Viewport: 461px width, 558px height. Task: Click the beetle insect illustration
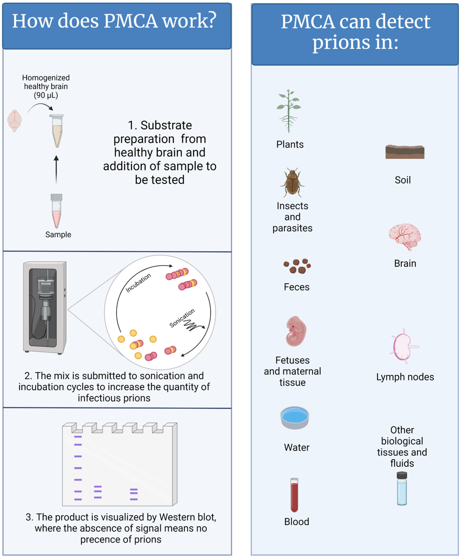[292, 183]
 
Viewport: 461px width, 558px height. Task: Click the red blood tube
[294, 495]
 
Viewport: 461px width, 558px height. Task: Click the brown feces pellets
[297, 266]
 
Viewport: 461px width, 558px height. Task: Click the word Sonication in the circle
[182, 318]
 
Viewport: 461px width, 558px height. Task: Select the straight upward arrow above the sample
[56, 170]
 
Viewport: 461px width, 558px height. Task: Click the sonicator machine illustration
[45, 307]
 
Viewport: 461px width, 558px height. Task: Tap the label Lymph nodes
[405, 377]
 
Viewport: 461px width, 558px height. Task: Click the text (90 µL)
[46, 95]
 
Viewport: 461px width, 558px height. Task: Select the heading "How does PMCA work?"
[114, 21]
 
